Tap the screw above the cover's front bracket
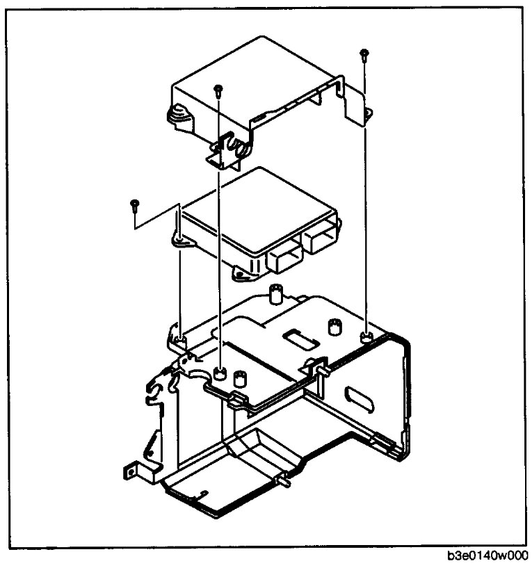218,89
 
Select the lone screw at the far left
134,203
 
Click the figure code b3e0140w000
487,557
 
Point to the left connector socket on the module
283,259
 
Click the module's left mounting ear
179,241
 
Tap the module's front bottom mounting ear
241,275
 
